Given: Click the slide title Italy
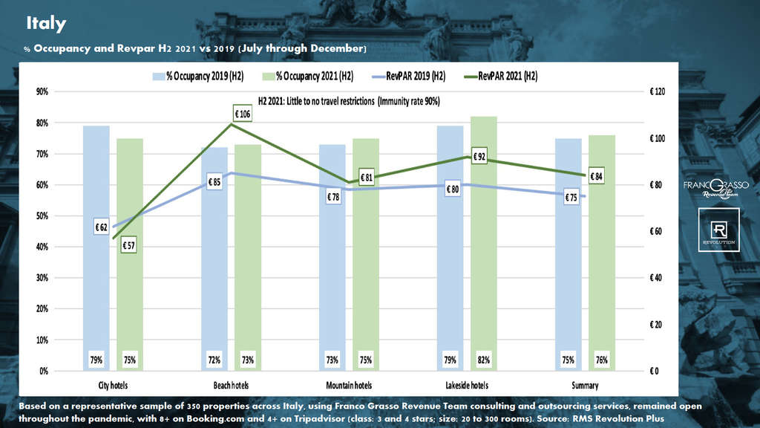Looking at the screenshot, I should [46, 23].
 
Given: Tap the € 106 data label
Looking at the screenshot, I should [243, 114].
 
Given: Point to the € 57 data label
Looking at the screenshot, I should [127, 245].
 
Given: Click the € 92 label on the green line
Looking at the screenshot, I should [479, 156].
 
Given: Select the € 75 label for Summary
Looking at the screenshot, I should [571, 198].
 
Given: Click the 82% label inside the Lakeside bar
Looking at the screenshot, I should [483, 360].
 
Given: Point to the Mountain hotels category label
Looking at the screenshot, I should [348, 385].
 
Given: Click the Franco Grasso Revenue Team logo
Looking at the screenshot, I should [715, 187].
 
